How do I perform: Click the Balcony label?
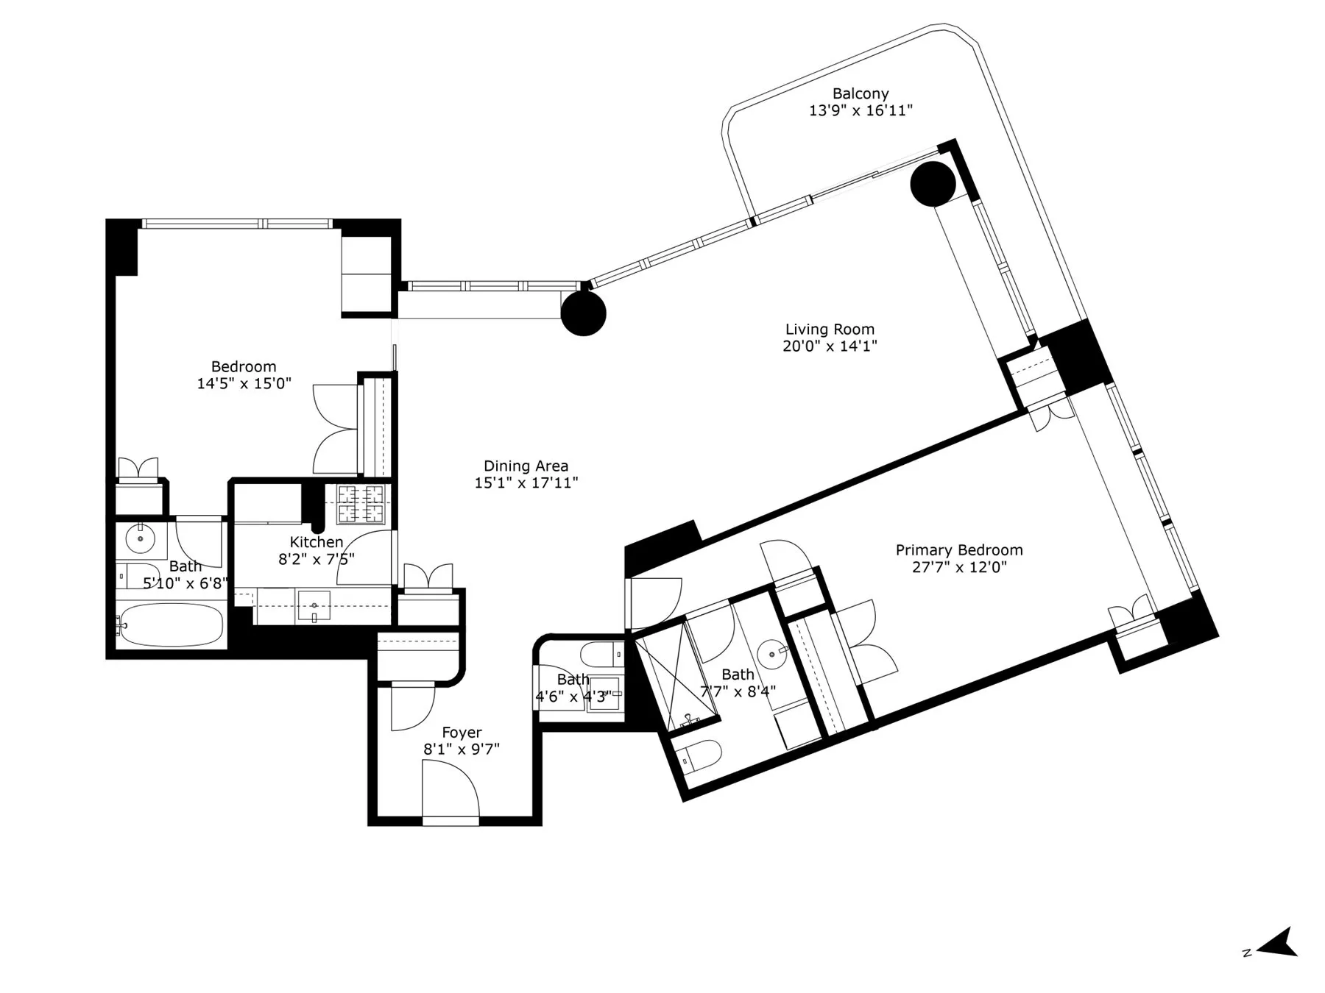(860, 94)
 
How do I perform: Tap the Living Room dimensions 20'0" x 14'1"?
(830, 346)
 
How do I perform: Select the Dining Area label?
(526, 466)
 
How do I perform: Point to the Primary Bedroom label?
(958, 550)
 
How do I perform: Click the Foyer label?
(462, 733)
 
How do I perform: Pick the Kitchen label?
(316, 542)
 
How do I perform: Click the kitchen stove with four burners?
(361, 504)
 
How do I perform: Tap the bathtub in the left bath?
(171, 625)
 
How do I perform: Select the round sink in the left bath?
(140, 539)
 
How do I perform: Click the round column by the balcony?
(933, 185)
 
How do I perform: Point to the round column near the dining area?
(583, 313)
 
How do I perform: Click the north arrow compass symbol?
(1279, 943)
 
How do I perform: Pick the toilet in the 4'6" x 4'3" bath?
(599, 652)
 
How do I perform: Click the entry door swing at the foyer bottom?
(451, 789)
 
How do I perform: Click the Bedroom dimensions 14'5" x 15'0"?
(244, 383)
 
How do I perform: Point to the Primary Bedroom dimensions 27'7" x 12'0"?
(958, 567)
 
